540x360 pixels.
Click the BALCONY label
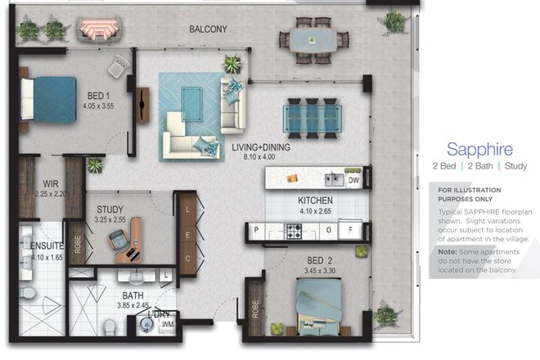coord(208,29)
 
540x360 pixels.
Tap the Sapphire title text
coord(479,150)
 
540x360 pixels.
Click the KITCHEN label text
coord(314,200)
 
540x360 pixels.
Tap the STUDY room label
coord(110,209)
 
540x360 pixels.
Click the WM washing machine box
coord(168,326)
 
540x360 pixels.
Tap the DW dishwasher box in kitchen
coord(353,179)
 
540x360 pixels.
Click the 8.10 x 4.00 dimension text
coord(260,158)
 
